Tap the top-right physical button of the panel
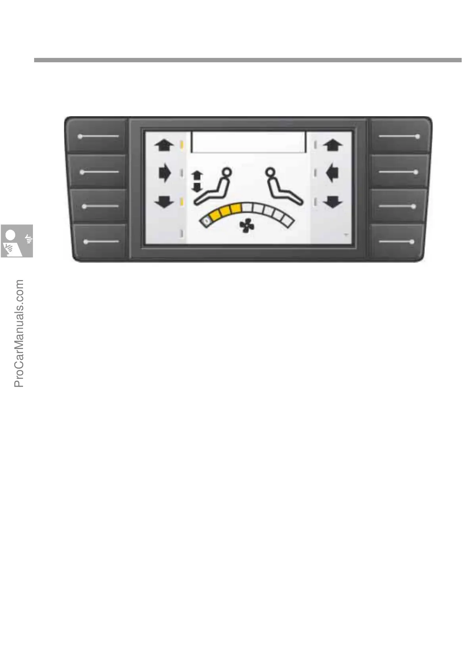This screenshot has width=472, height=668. click(399, 136)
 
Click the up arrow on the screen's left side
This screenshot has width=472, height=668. click(164, 146)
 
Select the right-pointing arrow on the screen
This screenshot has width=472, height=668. click(165, 173)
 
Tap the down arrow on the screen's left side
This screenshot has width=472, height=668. click(164, 203)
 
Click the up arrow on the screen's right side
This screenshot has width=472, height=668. click(332, 146)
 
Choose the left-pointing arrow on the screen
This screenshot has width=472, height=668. click(332, 173)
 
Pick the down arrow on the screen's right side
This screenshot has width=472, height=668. click(332, 203)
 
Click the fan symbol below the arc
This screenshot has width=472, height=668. click(246, 227)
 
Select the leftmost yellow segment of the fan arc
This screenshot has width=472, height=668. click(217, 215)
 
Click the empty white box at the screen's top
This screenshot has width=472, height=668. click(249, 142)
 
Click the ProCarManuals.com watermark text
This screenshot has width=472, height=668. click(19, 333)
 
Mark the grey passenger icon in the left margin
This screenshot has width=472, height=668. click(17, 241)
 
